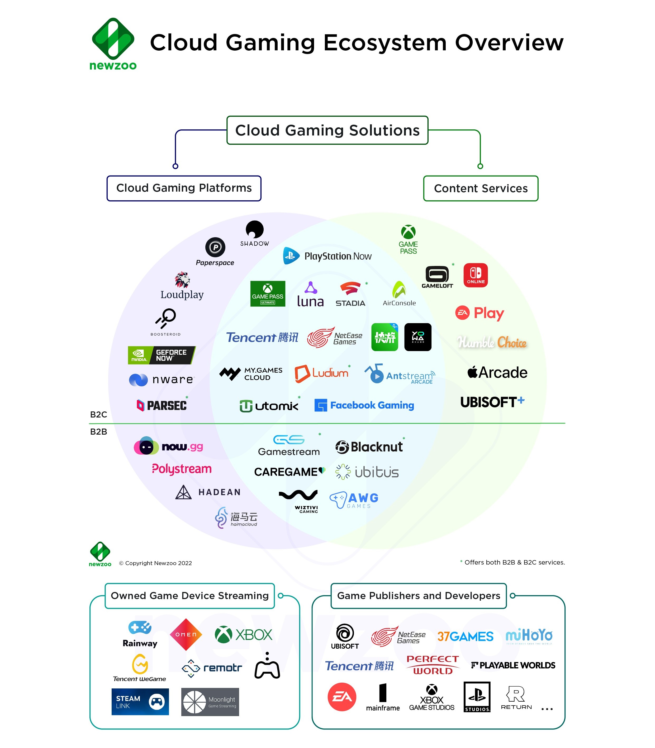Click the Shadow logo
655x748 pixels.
pos(254,233)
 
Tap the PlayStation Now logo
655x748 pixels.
pos(327,256)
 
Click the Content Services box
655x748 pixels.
pos(481,188)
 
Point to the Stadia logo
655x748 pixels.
pos(350,294)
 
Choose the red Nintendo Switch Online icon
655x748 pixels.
pos(476,275)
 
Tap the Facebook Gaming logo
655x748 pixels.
pos(364,405)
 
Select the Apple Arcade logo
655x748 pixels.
pos(497,372)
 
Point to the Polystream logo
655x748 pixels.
pos(182,469)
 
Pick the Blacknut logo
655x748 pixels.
pos(369,447)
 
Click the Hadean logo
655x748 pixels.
pos(208,492)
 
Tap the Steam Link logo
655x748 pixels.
pos(140,702)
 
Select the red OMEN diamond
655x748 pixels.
pos(186,634)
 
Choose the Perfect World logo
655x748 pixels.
pos(433,665)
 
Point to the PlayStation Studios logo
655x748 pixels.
pos(477,697)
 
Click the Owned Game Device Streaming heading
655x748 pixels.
pos(190,596)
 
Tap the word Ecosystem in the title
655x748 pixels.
pos(385,43)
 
